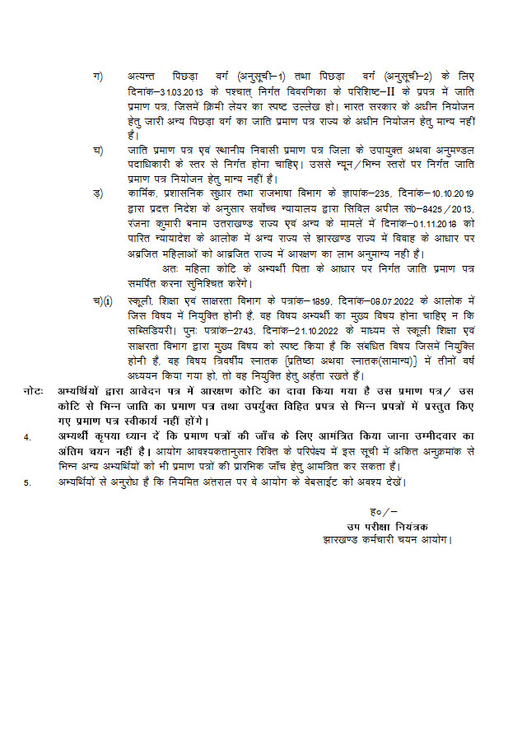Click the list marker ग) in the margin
[x=97, y=77]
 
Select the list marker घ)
[x=97, y=151]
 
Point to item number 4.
[x=26, y=436]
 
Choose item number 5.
[x=26, y=482]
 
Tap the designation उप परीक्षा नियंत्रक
[x=387, y=527]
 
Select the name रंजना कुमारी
[x=154, y=222]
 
